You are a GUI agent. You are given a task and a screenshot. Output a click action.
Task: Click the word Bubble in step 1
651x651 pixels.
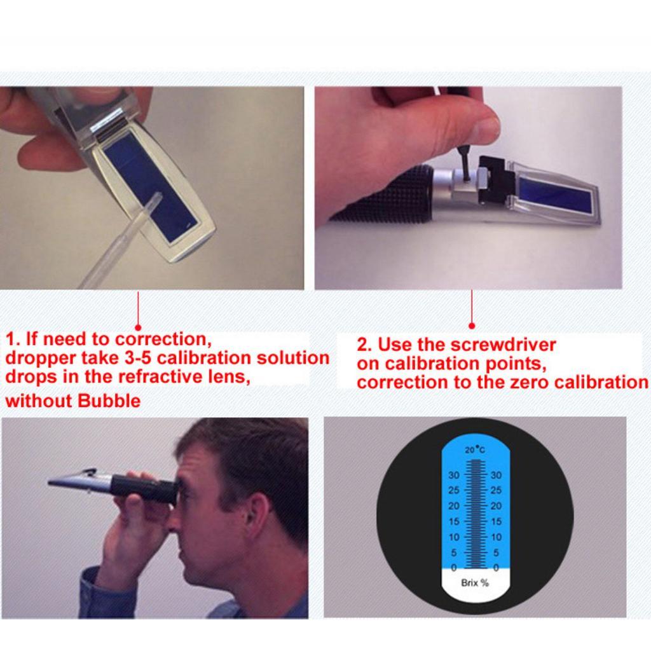[x=109, y=401]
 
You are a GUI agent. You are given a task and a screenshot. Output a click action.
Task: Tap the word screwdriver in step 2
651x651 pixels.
[x=503, y=345]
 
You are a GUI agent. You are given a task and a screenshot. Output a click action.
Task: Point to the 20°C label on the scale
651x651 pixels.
[x=474, y=449]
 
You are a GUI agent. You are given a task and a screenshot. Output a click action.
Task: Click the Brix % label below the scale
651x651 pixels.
[x=474, y=583]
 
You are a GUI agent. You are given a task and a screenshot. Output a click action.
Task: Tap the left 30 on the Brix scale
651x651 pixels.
[x=454, y=475]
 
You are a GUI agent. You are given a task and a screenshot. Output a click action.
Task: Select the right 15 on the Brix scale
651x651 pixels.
[x=496, y=521]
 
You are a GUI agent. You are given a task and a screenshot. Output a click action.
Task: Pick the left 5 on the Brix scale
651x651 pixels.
[x=454, y=552]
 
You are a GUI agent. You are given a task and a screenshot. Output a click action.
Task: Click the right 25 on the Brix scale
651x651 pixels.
[x=496, y=490]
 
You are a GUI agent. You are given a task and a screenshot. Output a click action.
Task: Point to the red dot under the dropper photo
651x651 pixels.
[x=138, y=328]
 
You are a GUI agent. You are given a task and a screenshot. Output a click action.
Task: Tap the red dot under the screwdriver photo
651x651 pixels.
[x=472, y=326]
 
